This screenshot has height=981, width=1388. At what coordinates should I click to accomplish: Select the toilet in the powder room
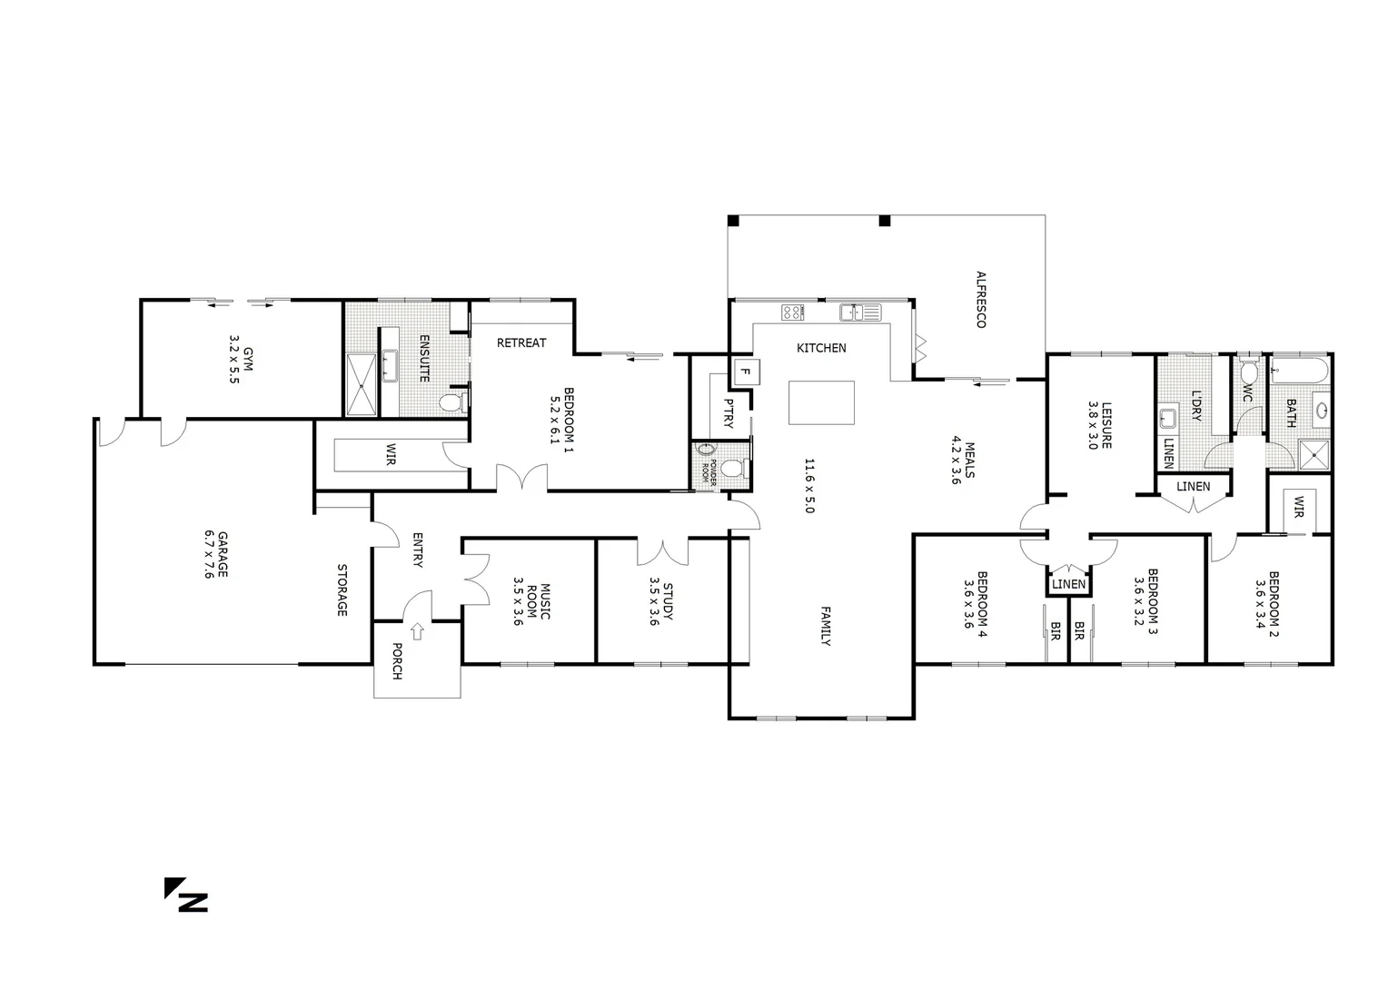click(x=743, y=467)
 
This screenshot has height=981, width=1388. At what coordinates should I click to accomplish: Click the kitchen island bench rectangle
click(x=821, y=402)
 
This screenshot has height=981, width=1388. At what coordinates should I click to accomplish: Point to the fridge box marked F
click(x=746, y=372)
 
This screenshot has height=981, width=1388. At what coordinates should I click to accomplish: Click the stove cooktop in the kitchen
click(x=792, y=312)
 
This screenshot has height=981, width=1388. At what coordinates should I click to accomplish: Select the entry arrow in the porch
click(x=417, y=629)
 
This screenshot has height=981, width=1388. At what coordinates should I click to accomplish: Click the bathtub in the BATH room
click(x=1300, y=370)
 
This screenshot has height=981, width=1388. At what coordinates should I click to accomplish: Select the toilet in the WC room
click(x=1248, y=372)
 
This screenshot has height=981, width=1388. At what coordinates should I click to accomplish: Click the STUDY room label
click(x=661, y=601)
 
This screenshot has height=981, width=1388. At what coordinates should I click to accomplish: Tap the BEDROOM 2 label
click(x=1268, y=602)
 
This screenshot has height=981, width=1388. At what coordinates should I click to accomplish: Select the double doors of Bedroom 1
click(x=520, y=477)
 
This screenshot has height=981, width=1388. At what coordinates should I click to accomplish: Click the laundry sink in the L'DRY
click(x=1169, y=418)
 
